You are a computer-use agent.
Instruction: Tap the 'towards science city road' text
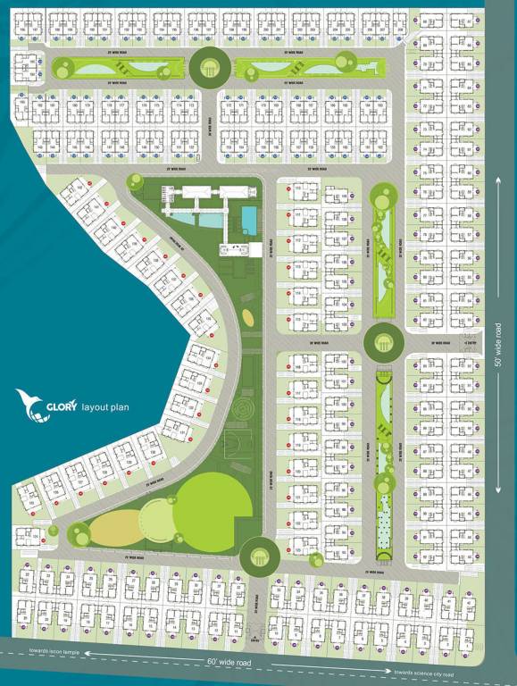424,673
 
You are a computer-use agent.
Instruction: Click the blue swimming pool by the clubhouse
247,217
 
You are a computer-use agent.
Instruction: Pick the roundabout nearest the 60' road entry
260,556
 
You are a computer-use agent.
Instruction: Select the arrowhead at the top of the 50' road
498,181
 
